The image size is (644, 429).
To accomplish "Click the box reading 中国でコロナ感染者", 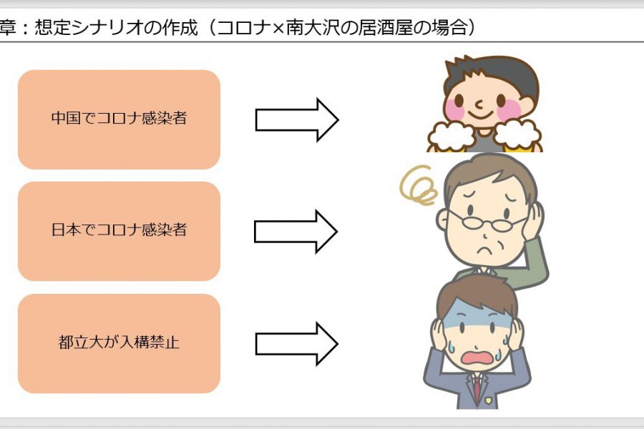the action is (119, 119).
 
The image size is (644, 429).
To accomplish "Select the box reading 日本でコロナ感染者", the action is (119, 231).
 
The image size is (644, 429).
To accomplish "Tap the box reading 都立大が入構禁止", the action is (119, 343).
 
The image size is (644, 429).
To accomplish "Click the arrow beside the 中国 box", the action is (297, 120).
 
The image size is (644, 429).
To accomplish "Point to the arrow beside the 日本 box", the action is (296, 232).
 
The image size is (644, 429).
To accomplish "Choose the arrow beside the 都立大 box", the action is (297, 344).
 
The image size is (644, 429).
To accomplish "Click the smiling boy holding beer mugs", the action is (484, 104).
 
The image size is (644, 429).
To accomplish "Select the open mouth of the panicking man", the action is (477, 357).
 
